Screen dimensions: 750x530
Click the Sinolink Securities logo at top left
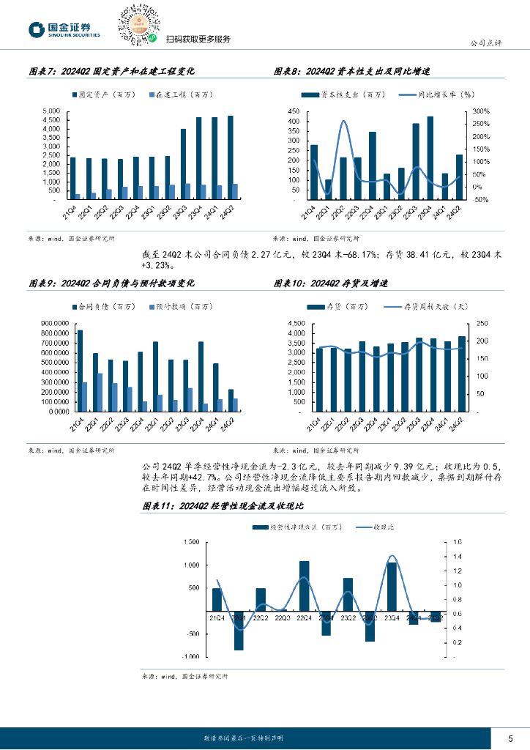pos(61,29)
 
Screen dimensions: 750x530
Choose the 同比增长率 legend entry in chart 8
pos(436,95)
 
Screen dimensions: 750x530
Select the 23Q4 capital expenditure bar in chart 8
pos(430,157)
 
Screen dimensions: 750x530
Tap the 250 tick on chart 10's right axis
pos(479,323)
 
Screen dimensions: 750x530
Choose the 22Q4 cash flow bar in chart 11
pos(304,586)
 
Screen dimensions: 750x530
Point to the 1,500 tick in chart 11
pos(190,543)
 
